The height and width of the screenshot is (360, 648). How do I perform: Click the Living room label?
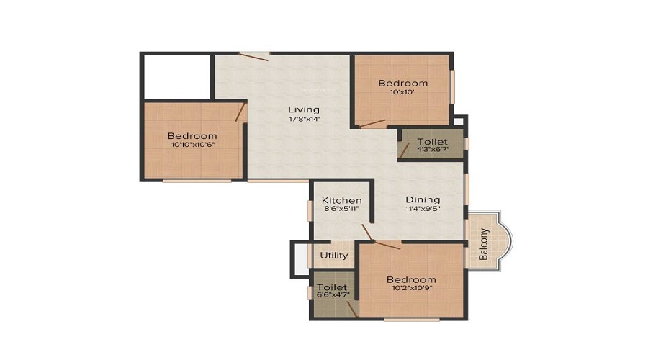tap(304, 110)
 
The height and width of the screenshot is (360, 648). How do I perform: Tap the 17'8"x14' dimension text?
tap(304, 119)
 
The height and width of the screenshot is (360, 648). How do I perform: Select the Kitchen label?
tap(342, 200)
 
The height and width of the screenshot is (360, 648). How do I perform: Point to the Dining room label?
tap(423, 200)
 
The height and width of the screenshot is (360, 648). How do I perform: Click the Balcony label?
tap(484, 244)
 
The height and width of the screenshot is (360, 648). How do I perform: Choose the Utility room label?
tap(334, 256)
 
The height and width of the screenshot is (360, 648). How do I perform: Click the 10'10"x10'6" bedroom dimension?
tap(193, 145)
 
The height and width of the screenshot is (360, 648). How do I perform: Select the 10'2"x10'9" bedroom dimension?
tap(412, 288)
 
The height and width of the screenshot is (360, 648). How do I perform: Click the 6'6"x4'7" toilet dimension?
tap(333, 295)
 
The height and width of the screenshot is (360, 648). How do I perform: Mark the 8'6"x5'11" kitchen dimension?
tap(342, 209)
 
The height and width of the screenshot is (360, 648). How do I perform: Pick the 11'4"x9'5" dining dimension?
tap(423, 209)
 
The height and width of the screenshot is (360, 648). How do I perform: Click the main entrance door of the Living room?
tap(253, 55)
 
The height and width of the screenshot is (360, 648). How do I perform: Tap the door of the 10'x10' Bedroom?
tap(372, 124)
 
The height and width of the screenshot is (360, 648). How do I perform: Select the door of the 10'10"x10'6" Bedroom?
tap(240, 112)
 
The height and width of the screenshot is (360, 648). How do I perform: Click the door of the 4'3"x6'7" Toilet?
tap(404, 151)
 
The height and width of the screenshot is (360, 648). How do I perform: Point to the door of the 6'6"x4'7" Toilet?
tap(353, 309)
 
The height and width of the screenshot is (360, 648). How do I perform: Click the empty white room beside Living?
tap(177, 77)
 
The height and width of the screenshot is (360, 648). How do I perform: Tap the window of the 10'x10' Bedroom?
tap(452, 87)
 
